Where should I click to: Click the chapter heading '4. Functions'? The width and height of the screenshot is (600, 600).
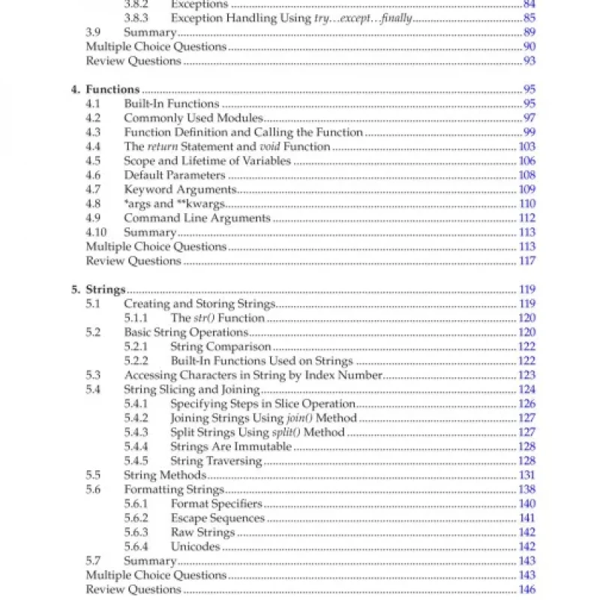[105, 89]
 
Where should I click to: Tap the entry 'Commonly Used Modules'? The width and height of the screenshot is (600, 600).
[193, 118]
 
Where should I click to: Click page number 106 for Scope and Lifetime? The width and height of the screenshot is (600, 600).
[526, 160]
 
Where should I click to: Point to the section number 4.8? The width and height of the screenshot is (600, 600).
[93, 203]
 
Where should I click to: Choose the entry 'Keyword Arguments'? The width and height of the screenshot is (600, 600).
[180, 189]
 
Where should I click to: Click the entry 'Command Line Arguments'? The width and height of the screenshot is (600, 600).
[196, 217]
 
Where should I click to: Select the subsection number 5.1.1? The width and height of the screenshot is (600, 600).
[136, 318]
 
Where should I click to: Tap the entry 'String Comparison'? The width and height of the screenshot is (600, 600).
[220, 346]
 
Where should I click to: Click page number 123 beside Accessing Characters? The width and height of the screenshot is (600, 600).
[526, 375]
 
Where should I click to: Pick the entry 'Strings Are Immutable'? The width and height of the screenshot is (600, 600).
[230, 446]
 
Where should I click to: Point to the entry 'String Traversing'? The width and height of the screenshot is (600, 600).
[216, 460]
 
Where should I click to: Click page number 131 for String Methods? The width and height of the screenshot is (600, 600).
[526, 475]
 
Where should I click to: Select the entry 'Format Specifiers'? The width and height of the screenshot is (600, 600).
[216, 503]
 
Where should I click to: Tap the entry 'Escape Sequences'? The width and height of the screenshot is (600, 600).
[217, 517]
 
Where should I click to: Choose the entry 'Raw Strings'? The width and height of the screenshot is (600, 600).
[202, 532]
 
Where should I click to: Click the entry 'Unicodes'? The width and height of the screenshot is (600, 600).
[195, 546]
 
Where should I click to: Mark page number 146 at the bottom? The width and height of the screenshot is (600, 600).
[526, 589]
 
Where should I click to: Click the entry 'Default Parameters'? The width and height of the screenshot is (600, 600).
[174, 175]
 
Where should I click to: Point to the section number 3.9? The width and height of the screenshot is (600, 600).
[92, 32]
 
